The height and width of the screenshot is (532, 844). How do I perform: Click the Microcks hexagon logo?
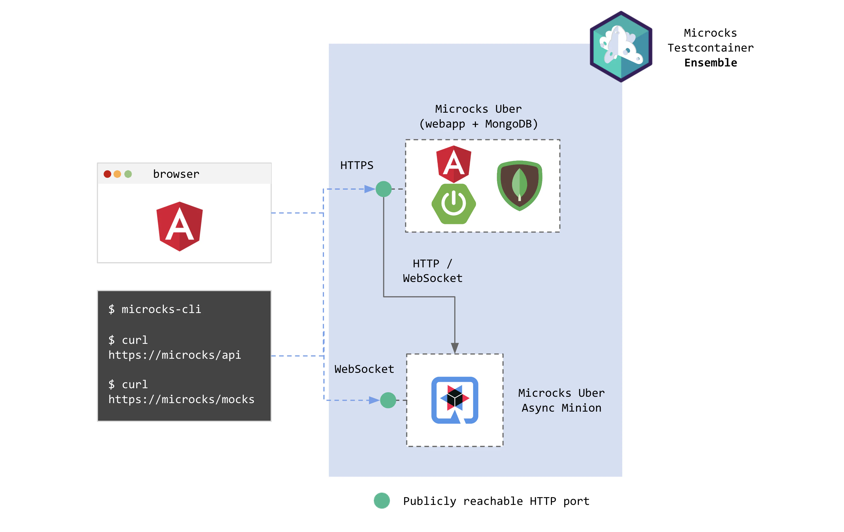click(x=621, y=47)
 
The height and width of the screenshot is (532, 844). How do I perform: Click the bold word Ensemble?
click(x=710, y=63)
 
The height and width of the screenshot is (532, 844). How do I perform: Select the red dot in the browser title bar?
click(x=108, y=174)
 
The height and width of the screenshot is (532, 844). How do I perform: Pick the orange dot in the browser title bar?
click(x=117, y=174)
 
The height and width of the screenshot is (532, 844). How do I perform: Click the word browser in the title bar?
click(x=176, y=174)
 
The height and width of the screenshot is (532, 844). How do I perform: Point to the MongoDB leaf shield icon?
click(x=519, y=185)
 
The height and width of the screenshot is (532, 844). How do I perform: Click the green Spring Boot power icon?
click(x=454, y=204)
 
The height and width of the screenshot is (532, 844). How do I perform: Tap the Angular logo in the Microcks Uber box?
click(x=454, y=164)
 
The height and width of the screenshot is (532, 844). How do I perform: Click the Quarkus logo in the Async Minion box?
click(x=455, y=400)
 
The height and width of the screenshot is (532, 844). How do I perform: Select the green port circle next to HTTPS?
click(x=383, y=189)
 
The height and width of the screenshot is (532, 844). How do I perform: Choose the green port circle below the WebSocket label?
click(x=388, y=400)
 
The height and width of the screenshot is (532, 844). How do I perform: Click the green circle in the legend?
click(x=382, y=500)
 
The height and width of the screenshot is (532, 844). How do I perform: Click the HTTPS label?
click(x=357, y=165)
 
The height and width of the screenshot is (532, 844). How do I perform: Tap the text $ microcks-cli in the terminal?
click(x=155, y=309)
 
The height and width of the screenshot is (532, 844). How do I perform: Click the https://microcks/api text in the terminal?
click(x=174, y=355)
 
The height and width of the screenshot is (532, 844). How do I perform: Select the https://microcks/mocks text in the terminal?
click(x=181, y=399)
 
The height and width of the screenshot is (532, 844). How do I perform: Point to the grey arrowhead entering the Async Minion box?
click(x=455, y=348)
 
